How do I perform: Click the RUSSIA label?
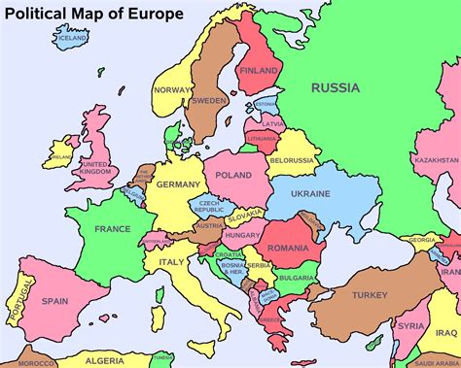[x=335, y=87]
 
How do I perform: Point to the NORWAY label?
[x=172, y=90]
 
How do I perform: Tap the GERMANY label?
[x=178, y=184]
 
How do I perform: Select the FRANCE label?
[x=112, y=229]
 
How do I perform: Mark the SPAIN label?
[x=55, y=301]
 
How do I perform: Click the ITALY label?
[x=171, y=262]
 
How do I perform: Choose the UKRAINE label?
[x=310, y=194]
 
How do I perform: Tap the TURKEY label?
[x=370, y=294]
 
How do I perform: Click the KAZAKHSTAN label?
[x=435, y=159]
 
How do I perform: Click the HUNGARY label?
[x=240, y=235]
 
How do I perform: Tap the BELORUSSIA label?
[x=291, y=159]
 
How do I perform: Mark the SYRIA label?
[x=411, y=326]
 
